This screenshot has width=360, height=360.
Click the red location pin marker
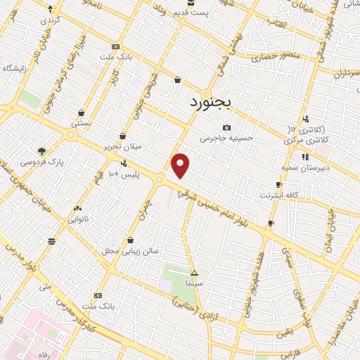pos(181,166)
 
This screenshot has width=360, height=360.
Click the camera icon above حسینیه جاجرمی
pos(226,128)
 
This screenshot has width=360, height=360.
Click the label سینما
pos(194,283)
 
